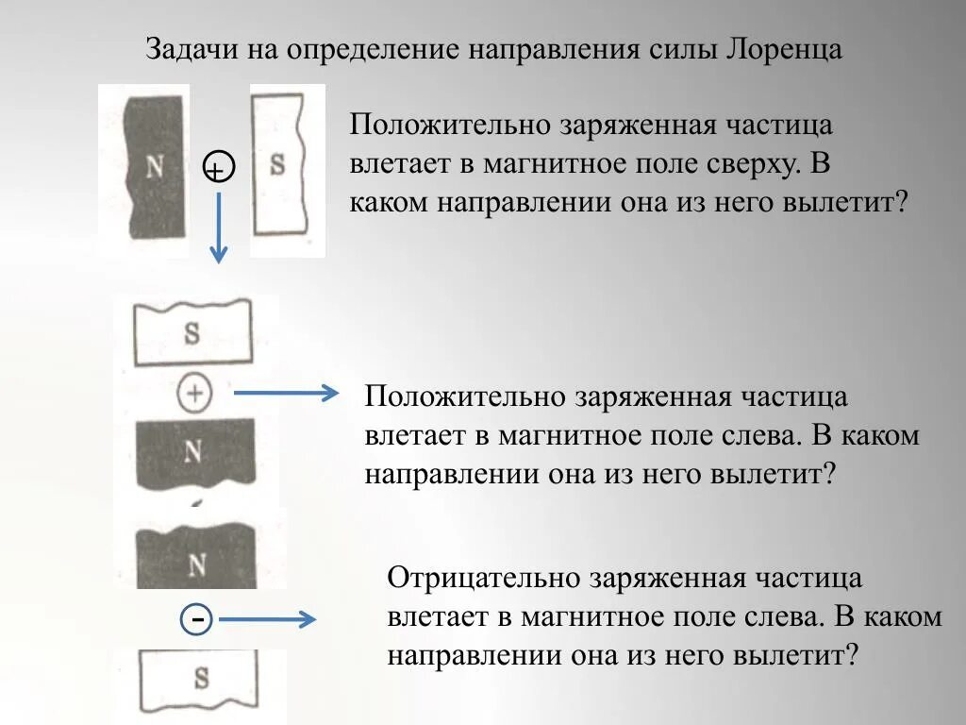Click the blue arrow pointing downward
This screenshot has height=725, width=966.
218,227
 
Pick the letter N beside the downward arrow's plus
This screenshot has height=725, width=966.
155,167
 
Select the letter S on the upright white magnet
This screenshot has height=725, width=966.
276,164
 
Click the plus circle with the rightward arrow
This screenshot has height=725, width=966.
194,394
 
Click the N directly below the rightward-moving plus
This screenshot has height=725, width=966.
193,450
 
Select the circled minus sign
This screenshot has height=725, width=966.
197,619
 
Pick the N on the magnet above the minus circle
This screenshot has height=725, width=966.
196,564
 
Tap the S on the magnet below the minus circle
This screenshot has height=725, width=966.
200,677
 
